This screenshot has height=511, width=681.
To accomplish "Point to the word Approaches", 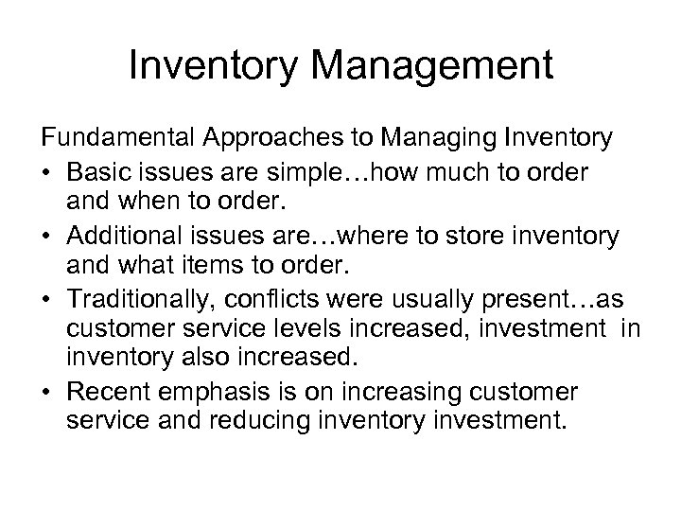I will click(x=283, y=139).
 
